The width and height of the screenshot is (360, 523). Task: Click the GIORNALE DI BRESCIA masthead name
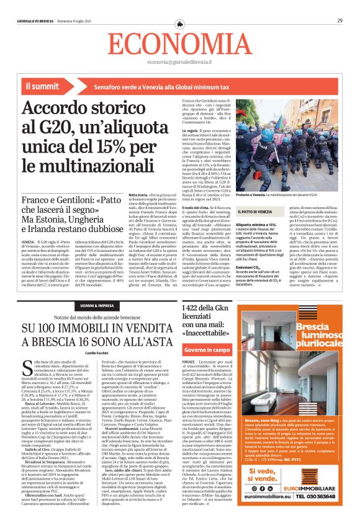pos(36,20)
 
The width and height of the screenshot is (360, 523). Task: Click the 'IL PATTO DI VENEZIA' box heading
pos(256,212)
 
